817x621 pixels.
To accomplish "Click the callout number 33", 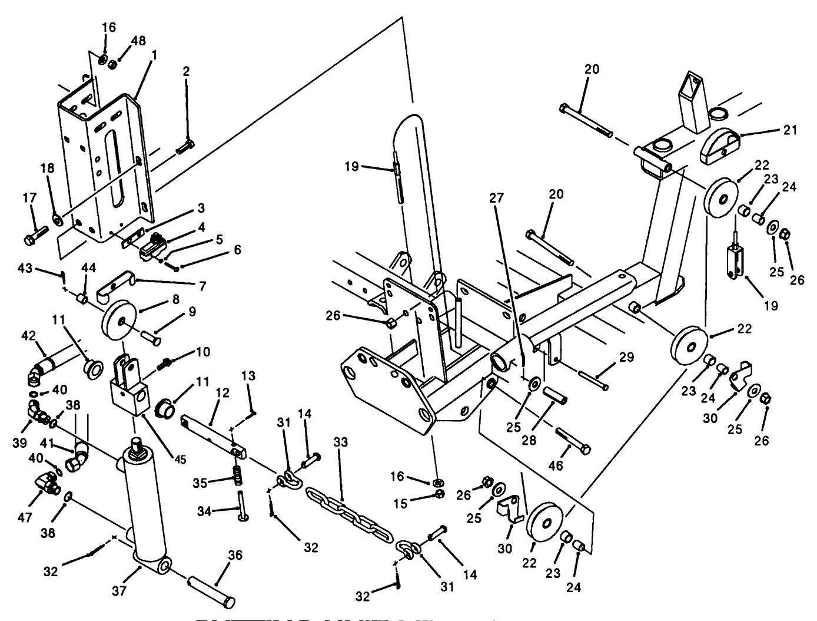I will (341, 441).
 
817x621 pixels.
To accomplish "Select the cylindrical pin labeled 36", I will (211, 591).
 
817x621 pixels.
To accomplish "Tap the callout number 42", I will (29, 336).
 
